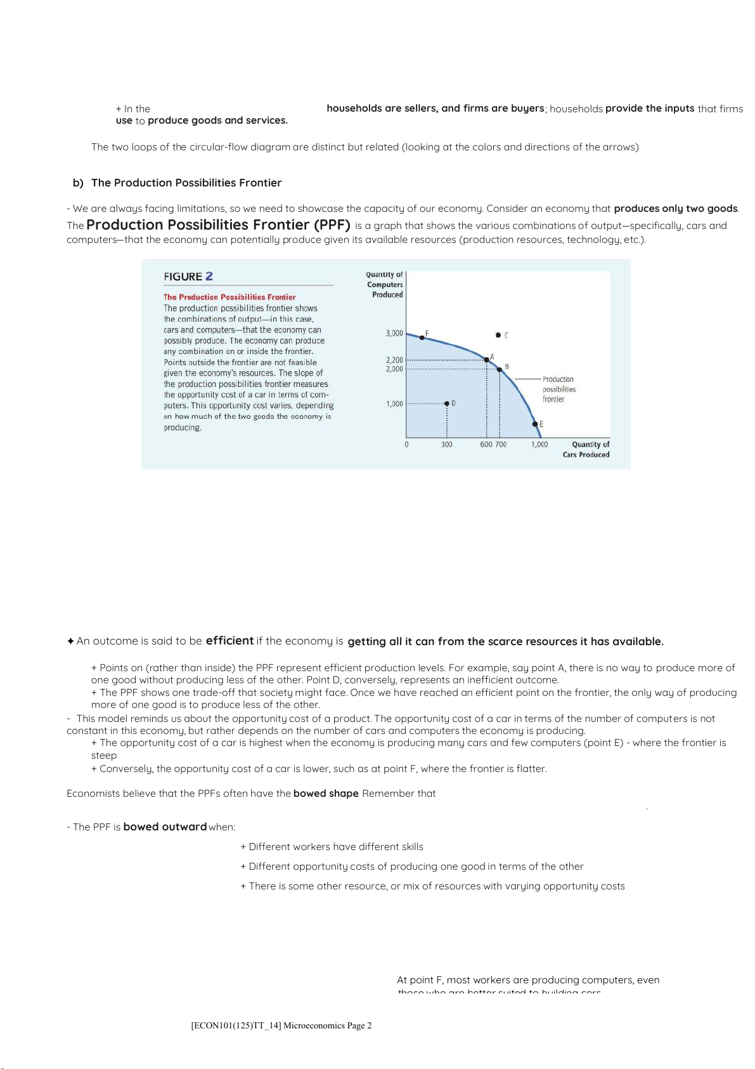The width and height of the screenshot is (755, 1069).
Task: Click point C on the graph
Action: pyautogui.click(x=498, y=334)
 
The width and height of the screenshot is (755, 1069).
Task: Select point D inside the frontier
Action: pyautogui.click(x=447, y=403)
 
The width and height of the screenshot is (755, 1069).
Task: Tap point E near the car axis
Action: pyautogui.click(x=535, y=424)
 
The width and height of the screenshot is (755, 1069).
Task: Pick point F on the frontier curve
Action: pyautogui.click(x=422, y=338)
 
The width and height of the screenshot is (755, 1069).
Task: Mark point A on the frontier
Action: pyautogui.click(x=487, y=360)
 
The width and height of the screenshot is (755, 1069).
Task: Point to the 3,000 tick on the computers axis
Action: pyautogui.click(x=394, y=333)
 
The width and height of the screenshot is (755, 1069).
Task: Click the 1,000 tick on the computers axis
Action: pyautogui.click(x=394, y=403)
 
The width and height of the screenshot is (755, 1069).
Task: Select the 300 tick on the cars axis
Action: pyautogui.click(x=447, y=445)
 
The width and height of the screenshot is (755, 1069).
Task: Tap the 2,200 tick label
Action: pyautogui.click(x=394, y=360)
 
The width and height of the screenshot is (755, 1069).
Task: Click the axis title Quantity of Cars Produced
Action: pyautogui.click(x=586, y=449)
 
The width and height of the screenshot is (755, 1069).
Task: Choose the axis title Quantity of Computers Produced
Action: pyautogui.click(x=385, y=284)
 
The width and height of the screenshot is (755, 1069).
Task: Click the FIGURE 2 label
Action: pyautogui.click(x=188, y=277)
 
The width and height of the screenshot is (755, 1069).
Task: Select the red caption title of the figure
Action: pyautogui.click(x=229, y=297)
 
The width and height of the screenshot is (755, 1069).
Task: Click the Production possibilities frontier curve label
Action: pyautogui.click(x=558, y=389)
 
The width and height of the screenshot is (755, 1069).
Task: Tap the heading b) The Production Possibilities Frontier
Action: pyautogui.click(x=177, y=183)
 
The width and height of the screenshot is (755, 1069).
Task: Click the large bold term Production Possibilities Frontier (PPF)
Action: pyautogui.click(x=218, y=225)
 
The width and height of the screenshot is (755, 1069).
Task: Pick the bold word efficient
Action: pyautogui.click(x=229, y=641)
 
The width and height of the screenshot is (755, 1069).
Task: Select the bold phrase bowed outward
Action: pyautogui.click(x=165, y=827)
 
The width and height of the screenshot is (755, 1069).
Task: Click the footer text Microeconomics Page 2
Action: pyautogui.click(x=281, y=1025)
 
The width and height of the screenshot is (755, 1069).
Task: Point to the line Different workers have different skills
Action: pyautogui.click(x=332, y=847)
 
